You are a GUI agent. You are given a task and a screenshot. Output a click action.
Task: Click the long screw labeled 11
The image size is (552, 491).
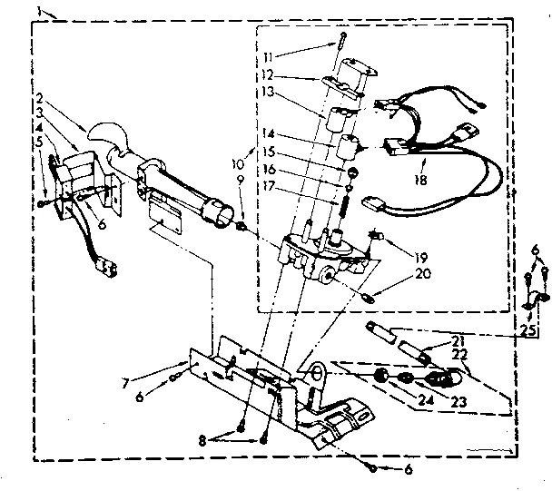[341, 45]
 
